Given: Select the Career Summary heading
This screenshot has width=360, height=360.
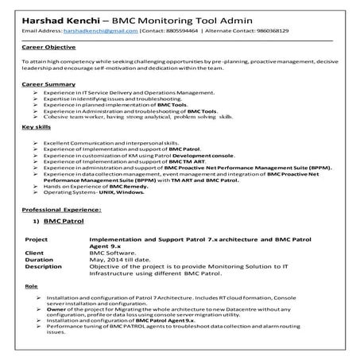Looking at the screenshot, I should [x=48, y=83].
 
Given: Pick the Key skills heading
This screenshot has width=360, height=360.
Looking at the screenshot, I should [x=38, y=126].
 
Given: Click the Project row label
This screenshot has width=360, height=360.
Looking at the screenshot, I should [x=37, y=238].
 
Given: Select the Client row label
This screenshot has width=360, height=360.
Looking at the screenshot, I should [x=35, y=251].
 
